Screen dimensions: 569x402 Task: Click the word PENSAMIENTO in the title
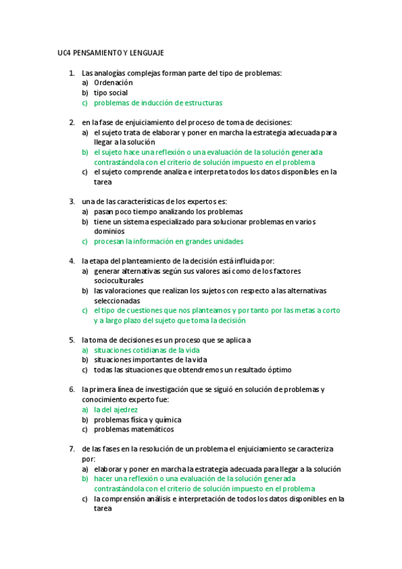pyautogui.click(x=93, y=52)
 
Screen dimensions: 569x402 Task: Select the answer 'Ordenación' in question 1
pyautogui.click(x=113, y=83)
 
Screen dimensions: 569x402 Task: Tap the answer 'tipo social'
pyautogui.click(x=111, y=93)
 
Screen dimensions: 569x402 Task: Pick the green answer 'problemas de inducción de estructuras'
pyautogui.click(x=158, y=103)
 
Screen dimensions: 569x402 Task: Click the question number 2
pyautogui.click(x=71, y=122)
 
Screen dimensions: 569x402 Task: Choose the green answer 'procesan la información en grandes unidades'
pyautogui.click(x=168, y=241)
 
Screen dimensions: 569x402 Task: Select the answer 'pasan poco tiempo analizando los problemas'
pyautogui.click(x=168, y=211)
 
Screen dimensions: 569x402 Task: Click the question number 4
pyautogui.click(x=71, y=260)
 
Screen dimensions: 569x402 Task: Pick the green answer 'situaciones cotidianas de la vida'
pyautogui.click(x=146, y=350)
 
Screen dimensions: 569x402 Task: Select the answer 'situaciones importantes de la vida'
pyautogui.click(x=150, y=360)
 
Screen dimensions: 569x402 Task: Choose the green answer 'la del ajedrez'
pyautogui.click(x=115, y=409)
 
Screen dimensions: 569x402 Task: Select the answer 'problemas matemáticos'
pyautogui.click(x=134, y=429)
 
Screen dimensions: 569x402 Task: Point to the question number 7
pyautogui.click(x=71, y=448)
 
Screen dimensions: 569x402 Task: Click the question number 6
pyautogui.click(x=71, y=389)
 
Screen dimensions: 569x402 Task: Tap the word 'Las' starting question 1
pyautogui.click(x=87, y=72)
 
